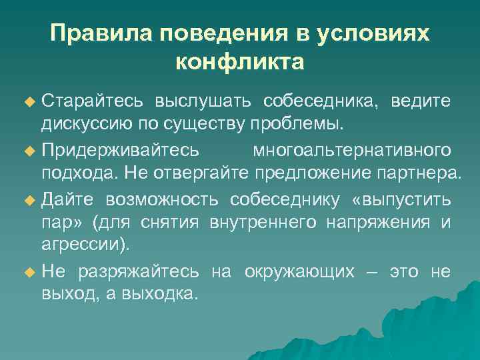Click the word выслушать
point(203,101)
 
